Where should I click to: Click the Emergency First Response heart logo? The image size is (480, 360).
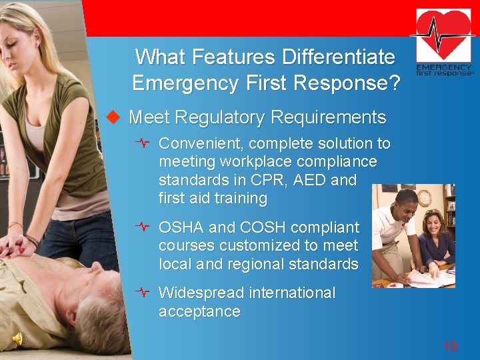point(445,42)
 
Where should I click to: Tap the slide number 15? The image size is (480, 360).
point(451,346)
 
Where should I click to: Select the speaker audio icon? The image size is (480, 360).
point(18,339)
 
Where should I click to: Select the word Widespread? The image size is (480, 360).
point(201,293)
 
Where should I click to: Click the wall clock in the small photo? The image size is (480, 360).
point(424,198)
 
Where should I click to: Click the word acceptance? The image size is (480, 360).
point(199,311)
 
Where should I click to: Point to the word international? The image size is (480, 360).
point(291,293)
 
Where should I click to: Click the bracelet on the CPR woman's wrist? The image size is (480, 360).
point(31,239)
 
